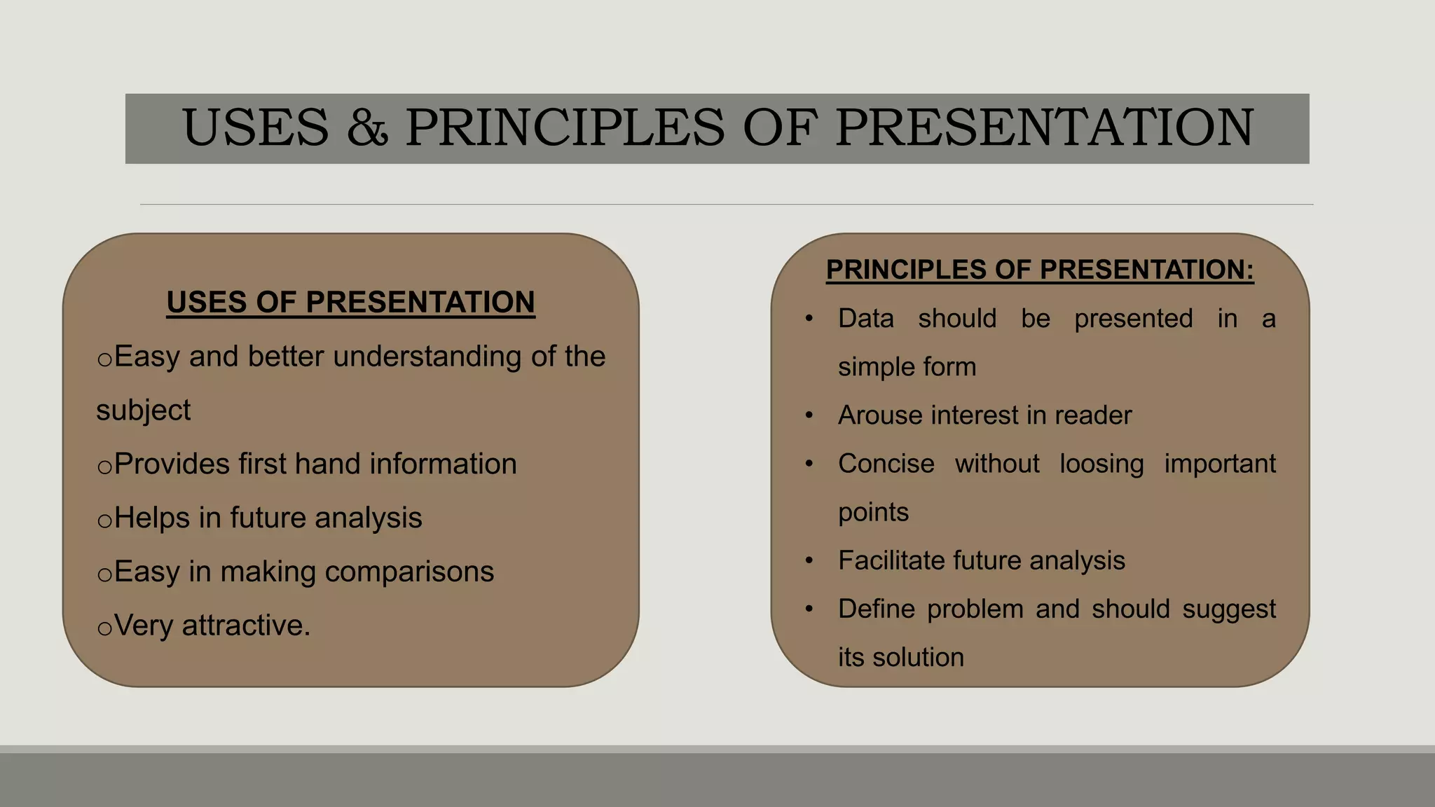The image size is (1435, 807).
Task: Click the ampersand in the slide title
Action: pyautogui.click(x=367, y=127)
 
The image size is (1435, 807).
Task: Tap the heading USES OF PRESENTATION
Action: pyautogui.click(x=350, y=302)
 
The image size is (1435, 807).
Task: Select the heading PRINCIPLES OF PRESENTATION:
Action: pyautogui.click(x=1040, y=270)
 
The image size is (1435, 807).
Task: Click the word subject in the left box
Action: pyautogui.click(x=143, y=411)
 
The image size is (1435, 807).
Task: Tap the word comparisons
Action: pyautogui.click(x=409, y=572)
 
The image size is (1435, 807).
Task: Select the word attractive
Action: pyautogui.click(x=245, y=626)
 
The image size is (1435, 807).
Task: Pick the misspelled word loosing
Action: pyautogui.click(x=1101, y=464)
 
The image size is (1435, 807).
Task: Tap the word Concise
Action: pyautogui.click(x=886, y=464)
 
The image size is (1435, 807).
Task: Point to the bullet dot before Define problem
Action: pyautogui.click(x=809, y=609)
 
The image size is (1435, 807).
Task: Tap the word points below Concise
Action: pyautogui.click(x=873, y=513)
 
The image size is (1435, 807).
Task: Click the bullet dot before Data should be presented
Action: pyautogui.click(x=809, y=319)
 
